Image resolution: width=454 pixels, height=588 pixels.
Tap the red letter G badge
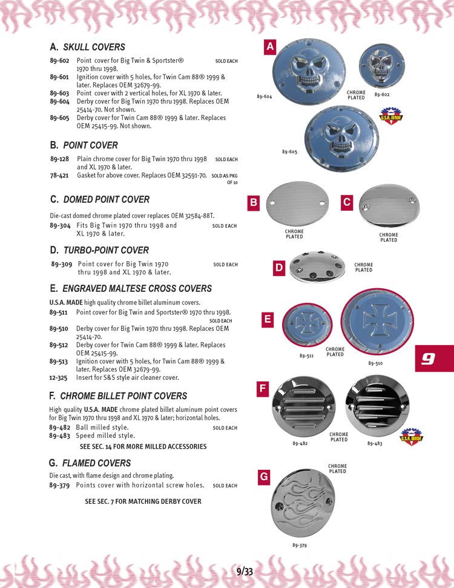[264, 477]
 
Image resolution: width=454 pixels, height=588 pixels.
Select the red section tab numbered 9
[429, 358]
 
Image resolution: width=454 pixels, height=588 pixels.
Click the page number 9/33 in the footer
[245, 570]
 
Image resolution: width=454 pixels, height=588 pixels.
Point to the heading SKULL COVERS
[94, 47]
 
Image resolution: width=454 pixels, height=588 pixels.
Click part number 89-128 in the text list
[59, 159]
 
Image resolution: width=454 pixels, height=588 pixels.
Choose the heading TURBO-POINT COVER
[106, 250]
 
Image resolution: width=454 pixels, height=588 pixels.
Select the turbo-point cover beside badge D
[317, 266]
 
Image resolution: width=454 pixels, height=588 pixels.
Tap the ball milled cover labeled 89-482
[304, 411]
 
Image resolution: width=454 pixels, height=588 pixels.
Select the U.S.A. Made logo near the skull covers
[390, 115]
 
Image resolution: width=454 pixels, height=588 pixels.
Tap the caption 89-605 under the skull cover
[289, 151]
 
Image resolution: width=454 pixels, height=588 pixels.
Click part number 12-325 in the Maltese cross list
[59, 378]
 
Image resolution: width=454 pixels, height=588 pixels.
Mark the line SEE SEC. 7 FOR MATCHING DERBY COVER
[143, 501]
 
